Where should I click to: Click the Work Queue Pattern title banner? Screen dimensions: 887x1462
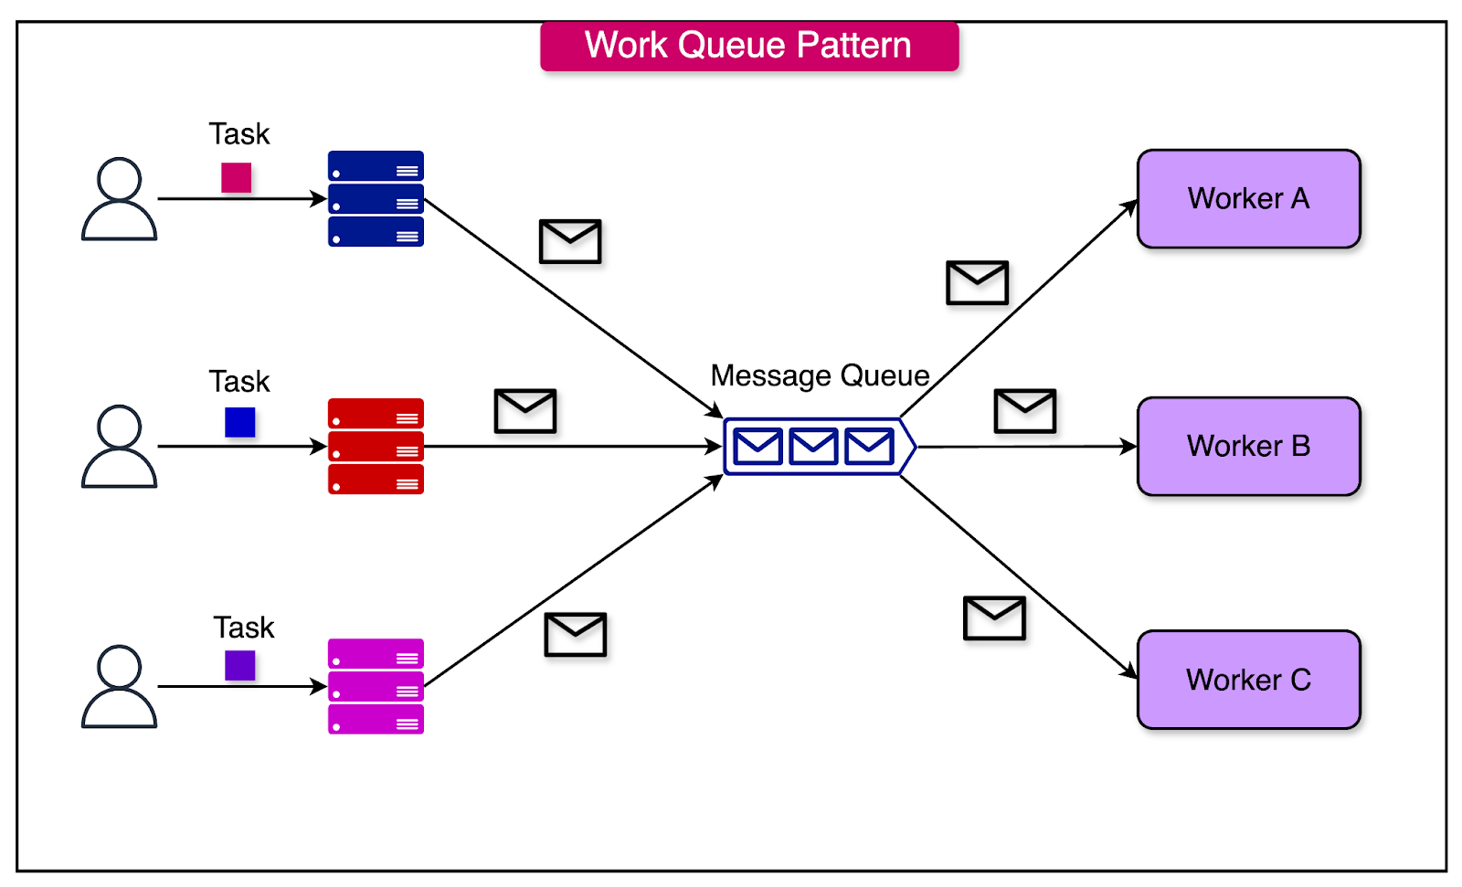point(748,46)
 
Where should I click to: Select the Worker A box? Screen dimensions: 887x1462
point(1248,199)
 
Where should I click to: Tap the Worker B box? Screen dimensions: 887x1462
point(1248,447)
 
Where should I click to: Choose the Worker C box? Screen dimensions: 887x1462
point(1248,680)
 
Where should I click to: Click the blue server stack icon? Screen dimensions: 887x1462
point(376,199)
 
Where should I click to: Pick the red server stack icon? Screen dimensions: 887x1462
point(376,447)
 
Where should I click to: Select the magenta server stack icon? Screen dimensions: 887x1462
point(376,686)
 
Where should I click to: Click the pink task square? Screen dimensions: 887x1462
point(236,177)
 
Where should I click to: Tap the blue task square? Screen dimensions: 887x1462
point(239,422)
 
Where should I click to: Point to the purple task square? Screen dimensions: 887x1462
point(239,665)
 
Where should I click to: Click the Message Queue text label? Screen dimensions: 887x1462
point(820,375)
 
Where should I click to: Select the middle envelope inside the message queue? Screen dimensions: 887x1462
point(813,447)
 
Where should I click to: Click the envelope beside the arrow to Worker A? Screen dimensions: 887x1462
point(977,282)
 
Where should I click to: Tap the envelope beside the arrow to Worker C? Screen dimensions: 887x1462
point(994,618)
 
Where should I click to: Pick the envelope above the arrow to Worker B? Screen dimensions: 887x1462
point(1024,411)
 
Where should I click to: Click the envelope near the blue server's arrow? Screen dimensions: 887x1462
point(570,241)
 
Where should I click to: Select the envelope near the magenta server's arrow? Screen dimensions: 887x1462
point(575,635)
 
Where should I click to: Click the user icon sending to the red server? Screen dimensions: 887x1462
point(119,447)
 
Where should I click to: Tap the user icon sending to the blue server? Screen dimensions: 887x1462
point(119,199)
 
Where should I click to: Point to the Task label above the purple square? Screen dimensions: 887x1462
point(243,628)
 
